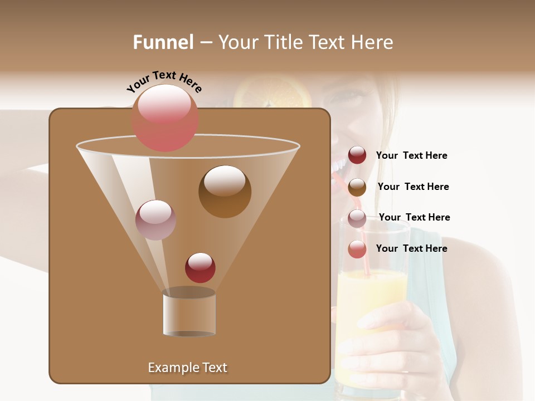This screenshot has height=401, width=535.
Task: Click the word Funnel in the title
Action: [x=163, y=42]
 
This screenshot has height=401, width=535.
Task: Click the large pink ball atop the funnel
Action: [x=165, y=118]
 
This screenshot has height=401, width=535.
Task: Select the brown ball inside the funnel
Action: [x=225, y=192]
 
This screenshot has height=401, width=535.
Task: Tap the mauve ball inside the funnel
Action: [x=155, y=220]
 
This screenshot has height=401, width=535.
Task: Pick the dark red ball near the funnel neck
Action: [x=200, y=267]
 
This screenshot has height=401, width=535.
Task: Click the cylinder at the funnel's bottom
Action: [x=189, y=313]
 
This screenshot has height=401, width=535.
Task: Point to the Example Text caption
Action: [x=187, y=368]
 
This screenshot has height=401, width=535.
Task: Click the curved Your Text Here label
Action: [x=164, y=81]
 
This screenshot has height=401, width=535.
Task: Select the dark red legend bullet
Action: [x=357, y=155]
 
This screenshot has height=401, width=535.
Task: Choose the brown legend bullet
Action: [x=357, y=187]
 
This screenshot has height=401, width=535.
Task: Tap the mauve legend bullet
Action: [x=357, y=218]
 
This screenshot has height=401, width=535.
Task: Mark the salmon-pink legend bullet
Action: [x=357, y=249]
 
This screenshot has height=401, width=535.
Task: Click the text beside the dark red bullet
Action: [x=411, y=156]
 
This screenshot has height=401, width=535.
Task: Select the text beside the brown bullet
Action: [x=413, y=187]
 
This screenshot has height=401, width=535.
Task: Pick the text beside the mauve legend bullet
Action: [x=414, y=218]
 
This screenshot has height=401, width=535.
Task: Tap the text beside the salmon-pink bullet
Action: [x=411, y=248]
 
